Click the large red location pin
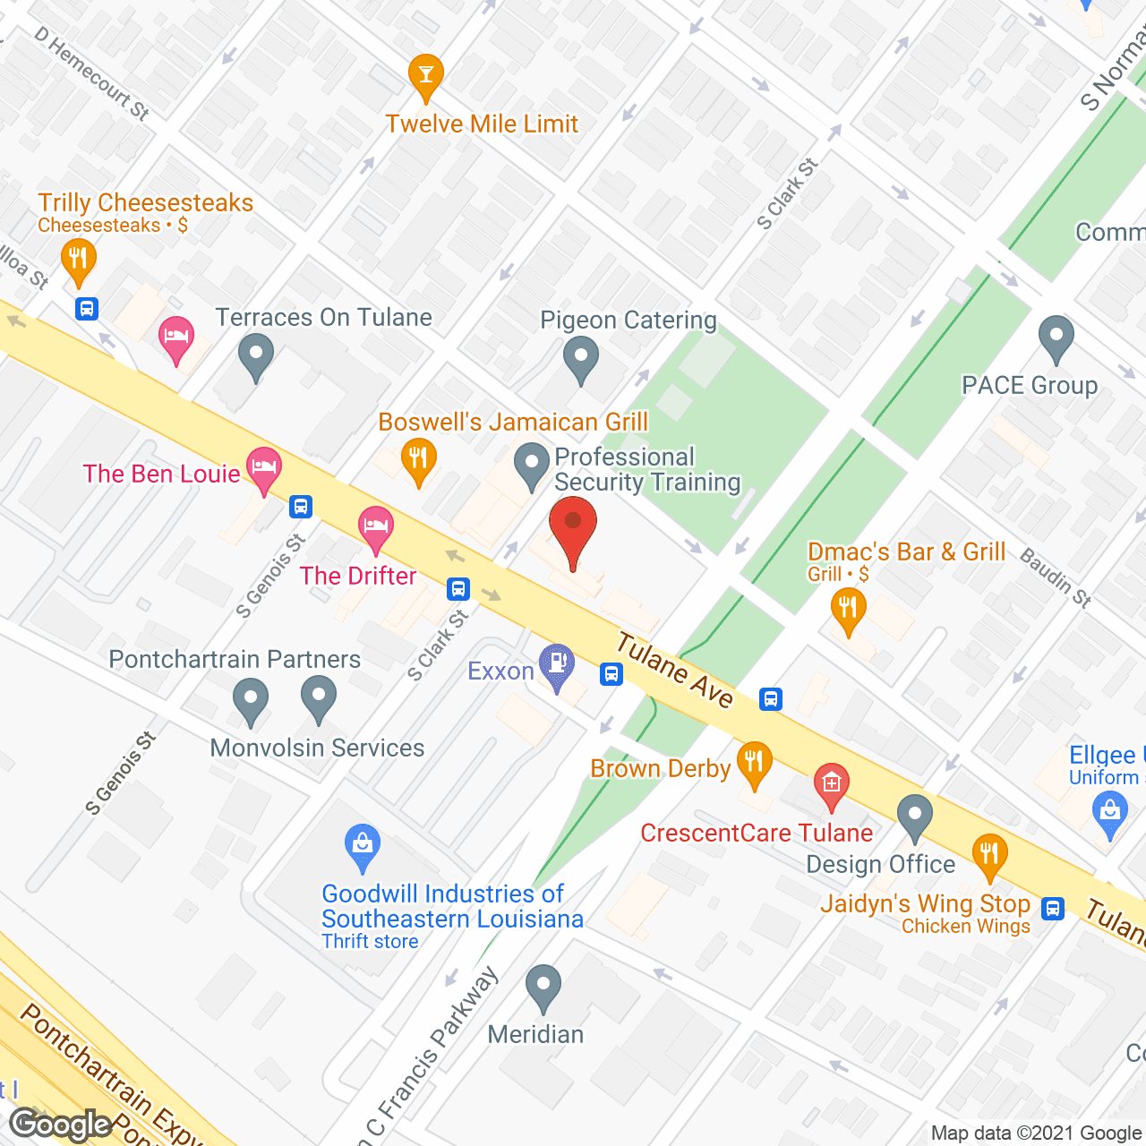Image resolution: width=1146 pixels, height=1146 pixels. (572, 528)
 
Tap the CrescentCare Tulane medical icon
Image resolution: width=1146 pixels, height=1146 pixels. (831, 783)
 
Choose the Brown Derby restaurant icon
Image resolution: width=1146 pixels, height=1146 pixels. (754, 762)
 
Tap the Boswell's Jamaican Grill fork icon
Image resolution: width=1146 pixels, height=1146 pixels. (418, 458)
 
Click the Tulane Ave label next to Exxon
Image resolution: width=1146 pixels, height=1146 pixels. (675, 671)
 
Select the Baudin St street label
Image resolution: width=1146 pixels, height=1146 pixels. (1056, 578)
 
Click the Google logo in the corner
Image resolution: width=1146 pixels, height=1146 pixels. (61, 1125)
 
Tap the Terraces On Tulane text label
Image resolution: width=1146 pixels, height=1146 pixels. (323, 318)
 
